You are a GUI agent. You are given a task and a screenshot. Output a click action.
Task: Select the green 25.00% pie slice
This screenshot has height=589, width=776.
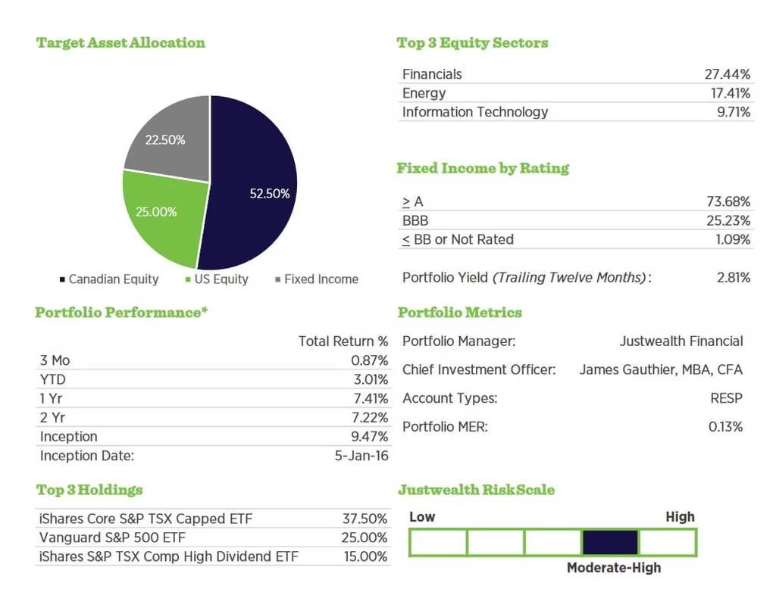(x=159, y=216)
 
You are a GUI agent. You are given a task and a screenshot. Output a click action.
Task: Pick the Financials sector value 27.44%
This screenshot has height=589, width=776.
(x=727, y=74)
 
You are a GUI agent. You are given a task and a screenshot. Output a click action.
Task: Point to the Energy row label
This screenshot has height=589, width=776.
(x=424, y=93)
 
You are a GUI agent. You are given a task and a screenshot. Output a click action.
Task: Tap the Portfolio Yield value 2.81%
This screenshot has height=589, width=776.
(x=733, y=278)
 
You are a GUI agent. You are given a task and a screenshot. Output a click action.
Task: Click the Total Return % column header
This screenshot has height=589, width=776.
(x=343, y=341)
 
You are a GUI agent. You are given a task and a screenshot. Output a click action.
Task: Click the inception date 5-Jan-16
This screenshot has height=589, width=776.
(x=361, y=456)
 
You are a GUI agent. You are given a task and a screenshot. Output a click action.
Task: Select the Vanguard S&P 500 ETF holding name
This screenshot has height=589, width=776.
(x=111, y=538)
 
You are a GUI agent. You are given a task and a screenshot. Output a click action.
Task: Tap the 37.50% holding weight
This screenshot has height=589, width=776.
(x=365, y=519)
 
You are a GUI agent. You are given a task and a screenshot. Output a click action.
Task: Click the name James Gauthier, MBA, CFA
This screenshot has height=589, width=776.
(x=661, y=370)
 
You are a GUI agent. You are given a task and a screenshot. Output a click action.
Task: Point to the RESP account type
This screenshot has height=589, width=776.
(x=727, y=398)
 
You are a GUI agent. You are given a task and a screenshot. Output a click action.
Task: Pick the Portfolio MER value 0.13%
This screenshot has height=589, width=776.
(x=725, y=427)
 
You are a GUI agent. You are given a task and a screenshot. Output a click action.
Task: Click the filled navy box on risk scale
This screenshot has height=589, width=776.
(x=610, y=542)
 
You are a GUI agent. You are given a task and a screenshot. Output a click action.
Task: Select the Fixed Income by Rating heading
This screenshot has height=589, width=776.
(x=483, y=168)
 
